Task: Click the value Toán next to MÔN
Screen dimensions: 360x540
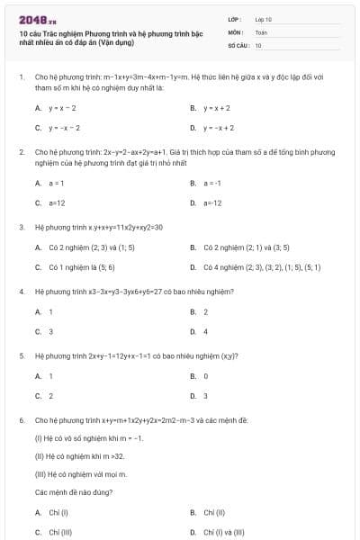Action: click(x=261, y=31)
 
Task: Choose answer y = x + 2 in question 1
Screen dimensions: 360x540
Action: click(x=215, y=107)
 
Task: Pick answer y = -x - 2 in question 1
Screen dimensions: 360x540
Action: click(x=64, y=127)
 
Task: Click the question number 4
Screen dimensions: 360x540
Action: click(x=21, y=292)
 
